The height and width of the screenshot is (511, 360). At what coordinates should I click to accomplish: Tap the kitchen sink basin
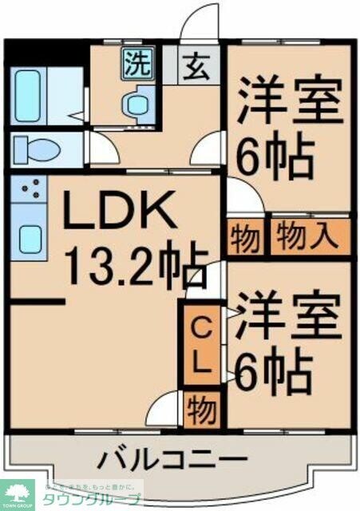[x=30, y=236]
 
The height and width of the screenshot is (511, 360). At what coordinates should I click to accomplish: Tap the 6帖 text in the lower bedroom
[x=272, y=368]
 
